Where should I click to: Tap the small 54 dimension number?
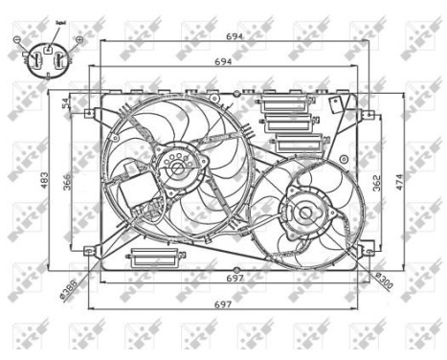tap(65, 103)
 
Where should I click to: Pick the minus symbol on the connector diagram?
tap(16, 39)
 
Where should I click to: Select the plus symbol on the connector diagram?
tap(78, 39)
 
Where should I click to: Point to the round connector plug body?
tap(48, 59)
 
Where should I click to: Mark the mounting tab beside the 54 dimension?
tap(90, 113)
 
